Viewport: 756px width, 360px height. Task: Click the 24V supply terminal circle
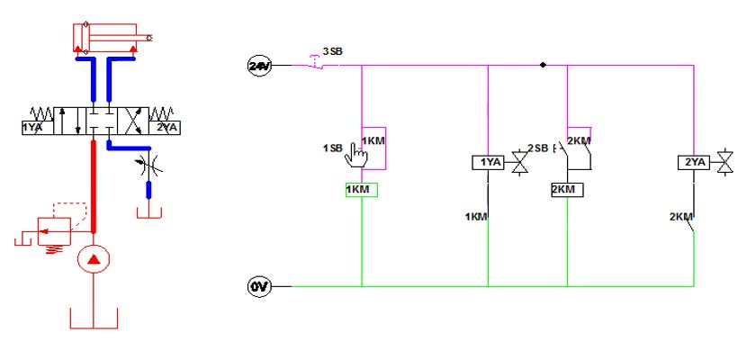pyautogui.click(x=259, y=66)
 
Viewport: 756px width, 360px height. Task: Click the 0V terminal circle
pyautogui.click(x=259, y=287)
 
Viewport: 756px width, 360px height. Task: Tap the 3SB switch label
pyautogui.click(x=333, y=51)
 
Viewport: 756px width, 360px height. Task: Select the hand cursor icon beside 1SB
pyautogui.click(x=356, y=155)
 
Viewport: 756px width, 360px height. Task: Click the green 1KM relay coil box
pyautogui.click(x=362, y=190)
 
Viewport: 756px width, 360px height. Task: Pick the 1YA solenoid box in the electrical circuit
pyautogui.click(x=488, y=163)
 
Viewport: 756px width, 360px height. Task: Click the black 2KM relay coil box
pyautogui.click(x=567, y=190)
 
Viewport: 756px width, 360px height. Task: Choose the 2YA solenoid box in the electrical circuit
pyautogui.click(x=694, y=163)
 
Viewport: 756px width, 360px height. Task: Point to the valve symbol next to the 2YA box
pyautogui.click(x=725, y=162)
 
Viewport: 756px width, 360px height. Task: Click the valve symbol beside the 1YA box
pyautogui.click(x=519, y=162)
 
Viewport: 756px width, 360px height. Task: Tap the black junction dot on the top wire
pyautogui.click(x=543, y=65)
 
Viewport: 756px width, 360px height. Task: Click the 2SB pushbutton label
pyautogui.click(x=538, y=148)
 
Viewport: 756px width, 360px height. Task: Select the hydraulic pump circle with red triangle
pyautogui.click(x=94, y=259)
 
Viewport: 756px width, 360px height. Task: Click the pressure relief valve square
pyautogui.click(x=55, y=230)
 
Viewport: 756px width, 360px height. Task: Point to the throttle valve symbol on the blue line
pyautogui.click(x=149, y=166)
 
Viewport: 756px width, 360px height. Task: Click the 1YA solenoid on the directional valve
pyautogui.click(x=38, y=128)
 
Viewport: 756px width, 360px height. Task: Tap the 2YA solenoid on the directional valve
pyautogui.click(x=165, y=128)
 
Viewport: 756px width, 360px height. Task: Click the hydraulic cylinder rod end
pyautogui.click(x=150, y=38)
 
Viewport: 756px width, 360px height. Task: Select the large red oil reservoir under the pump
pyautogui.click(x=94, y=318)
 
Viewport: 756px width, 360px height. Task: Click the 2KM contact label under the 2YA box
pyautogui.click(x=680, y=216)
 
